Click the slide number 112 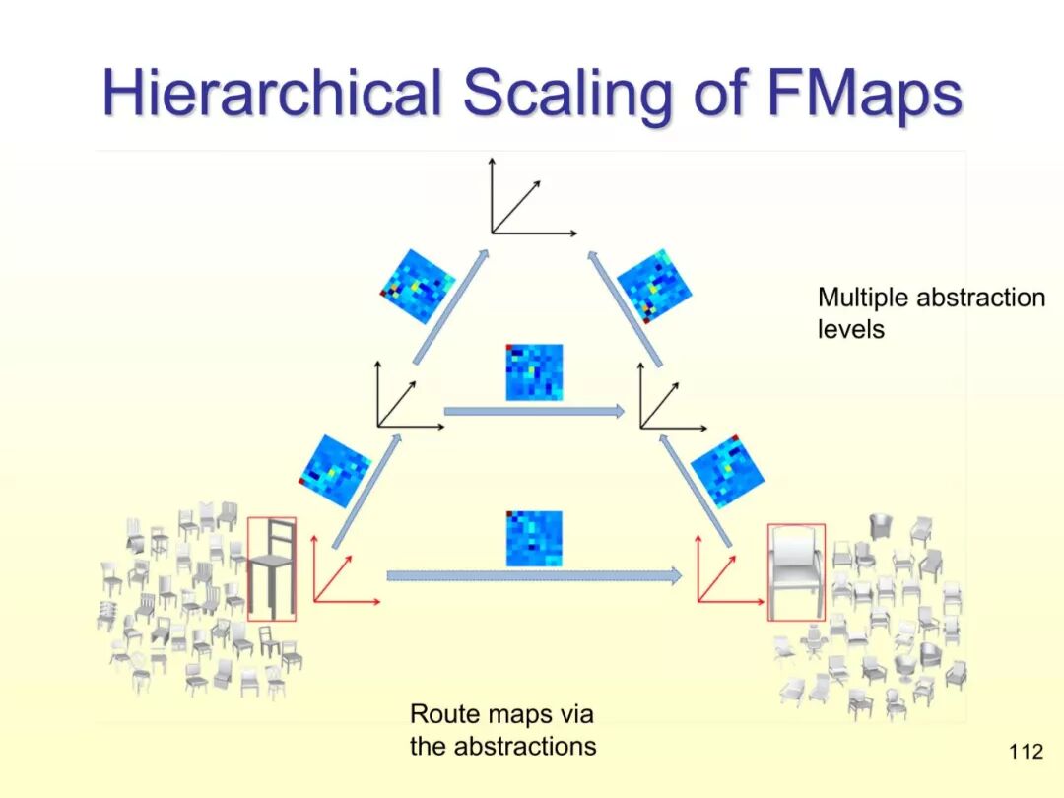[1026, 753]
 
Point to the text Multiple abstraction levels [930, 312]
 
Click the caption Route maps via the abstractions [502, 730]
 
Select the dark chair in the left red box [271, 569]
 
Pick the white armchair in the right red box [796, 572]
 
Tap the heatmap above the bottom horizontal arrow [534, 538]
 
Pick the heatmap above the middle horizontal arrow [534, 372]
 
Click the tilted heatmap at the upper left [418, 286]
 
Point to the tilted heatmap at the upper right [654, 286]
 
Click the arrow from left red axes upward [367, 493]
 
